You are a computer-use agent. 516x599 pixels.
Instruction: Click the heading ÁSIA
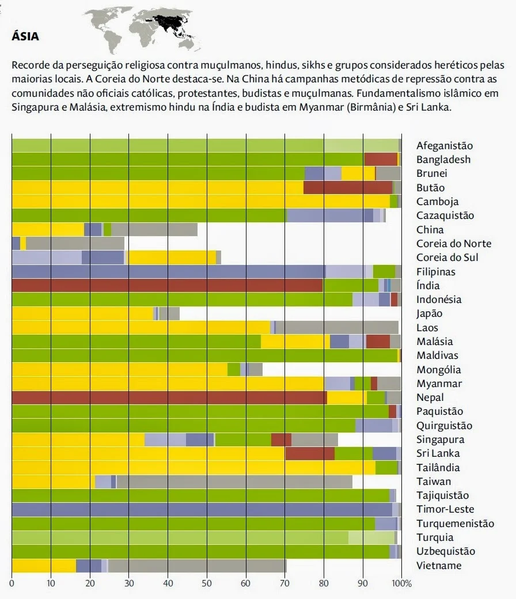pyautogui.click(x=25, y=37)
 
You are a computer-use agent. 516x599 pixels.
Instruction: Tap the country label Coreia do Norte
pyautogui.click(x=454, y=244)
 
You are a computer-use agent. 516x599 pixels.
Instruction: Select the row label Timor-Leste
pyautogui.click(x=445, y=509)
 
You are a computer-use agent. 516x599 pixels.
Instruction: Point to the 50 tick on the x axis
pyautogui.click(x=207, y=583)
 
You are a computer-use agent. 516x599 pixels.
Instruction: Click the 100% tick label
pyautogui.click(x=402, y=583)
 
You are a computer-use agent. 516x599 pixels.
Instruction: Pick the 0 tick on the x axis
pyautogui.click(x=12, y=583)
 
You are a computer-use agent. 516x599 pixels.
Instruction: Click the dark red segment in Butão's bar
pyautogui.click(x=347, y=188)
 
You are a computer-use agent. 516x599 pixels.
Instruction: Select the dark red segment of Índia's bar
pyautogui.click(x=167, y=286)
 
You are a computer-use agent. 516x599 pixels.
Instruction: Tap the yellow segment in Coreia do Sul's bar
pyautogui.click(x=172, y=257)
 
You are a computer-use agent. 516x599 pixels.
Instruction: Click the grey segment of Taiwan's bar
pyautogui.click(x=234, y=482)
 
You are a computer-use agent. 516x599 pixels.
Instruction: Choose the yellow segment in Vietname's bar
pyautogui.click(x=44, y=566)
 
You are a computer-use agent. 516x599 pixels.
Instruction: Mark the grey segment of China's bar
pyautogui.click(x=154, y=229)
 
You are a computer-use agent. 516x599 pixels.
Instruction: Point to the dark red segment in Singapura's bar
pyautogui.click(x=281, y=439)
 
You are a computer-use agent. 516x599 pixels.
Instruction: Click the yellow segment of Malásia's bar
pyautogui.click(x=295, y=342)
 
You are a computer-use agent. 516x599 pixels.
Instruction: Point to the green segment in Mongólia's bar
pyautogui.click(x=233, y=370)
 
